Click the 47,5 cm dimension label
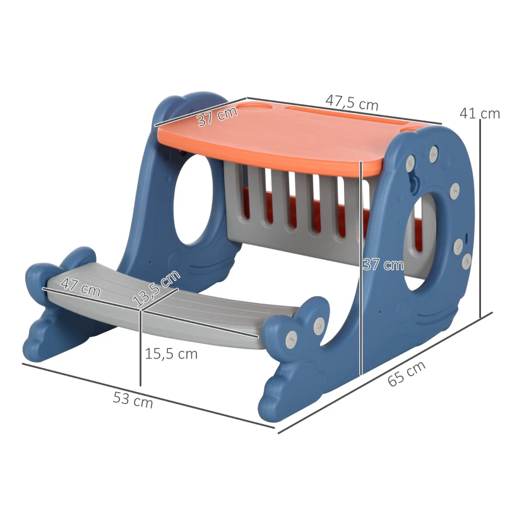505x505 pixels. click(x=352, y=103)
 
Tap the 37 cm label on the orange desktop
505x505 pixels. click(x=217, y=116)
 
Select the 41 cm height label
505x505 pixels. click(x=480, y=114)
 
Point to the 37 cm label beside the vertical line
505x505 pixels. click(x=383, y=264)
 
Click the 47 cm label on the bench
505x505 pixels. click(x=81, y=287)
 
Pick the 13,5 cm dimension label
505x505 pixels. click(x=156, y=288)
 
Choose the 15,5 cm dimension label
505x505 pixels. click(x=171, y=354)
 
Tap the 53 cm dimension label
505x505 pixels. click(x=133, y=400)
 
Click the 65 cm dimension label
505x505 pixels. click(x=407, y=374)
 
